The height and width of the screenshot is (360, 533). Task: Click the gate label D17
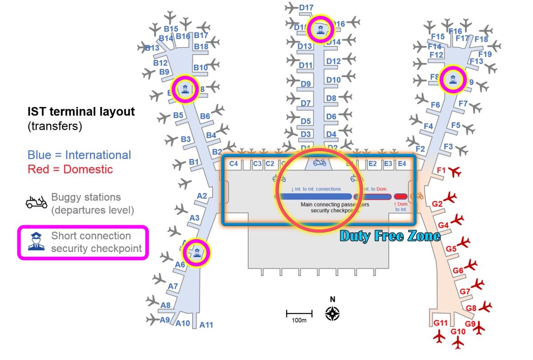click(306, 8)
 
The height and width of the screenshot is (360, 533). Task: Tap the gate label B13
click(152, 48)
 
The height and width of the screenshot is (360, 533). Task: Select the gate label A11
click(206, 325)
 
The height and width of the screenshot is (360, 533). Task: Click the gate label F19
click(485, 54)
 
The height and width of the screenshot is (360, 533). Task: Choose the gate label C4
click(234, 164)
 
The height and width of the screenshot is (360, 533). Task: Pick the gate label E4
click(402, 164)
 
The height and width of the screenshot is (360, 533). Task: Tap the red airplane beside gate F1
click(455, 172)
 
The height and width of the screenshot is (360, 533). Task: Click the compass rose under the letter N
click(332, 313)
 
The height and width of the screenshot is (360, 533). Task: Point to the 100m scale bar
click(299, 314)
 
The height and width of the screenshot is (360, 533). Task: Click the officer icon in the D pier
click(320, 30)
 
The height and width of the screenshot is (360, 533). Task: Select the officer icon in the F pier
click(453, 80)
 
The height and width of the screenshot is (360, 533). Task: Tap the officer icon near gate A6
click(197, 252)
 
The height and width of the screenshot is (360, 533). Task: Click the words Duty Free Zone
click(390, 236)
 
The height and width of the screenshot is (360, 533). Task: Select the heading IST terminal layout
click(81, 112)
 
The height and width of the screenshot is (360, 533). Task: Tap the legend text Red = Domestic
click(70, 169)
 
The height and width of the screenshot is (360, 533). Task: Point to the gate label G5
click(451, 249)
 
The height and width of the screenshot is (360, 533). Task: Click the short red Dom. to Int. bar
click(401, 196)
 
